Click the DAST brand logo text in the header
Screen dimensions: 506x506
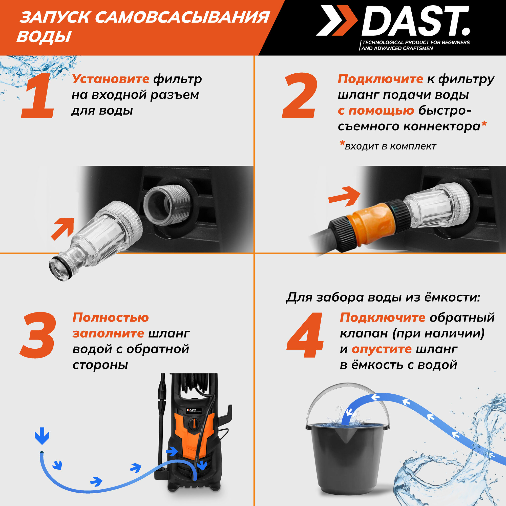[416, 21]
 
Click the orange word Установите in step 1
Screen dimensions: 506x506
[111, 79]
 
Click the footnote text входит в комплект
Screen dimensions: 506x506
[390, 146]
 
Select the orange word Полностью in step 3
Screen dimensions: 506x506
[111, 318]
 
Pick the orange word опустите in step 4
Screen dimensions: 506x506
[382, 350]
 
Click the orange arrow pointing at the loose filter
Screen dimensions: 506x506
[63, 228]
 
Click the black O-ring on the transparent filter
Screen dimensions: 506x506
[60, 268]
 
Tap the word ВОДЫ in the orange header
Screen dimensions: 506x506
[44, 36]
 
